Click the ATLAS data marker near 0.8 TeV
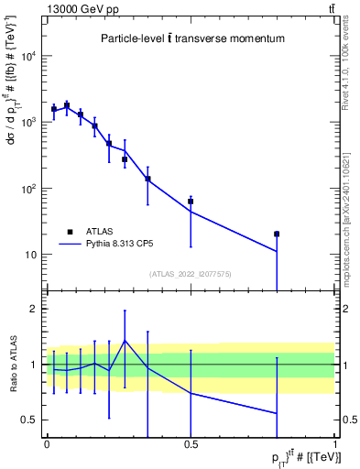[277, 234]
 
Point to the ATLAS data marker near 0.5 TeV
[191, 202]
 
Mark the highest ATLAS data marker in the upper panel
[67, 106]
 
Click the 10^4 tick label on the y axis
[27, 57]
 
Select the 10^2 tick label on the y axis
[27, 189]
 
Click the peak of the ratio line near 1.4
[125, 341]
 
